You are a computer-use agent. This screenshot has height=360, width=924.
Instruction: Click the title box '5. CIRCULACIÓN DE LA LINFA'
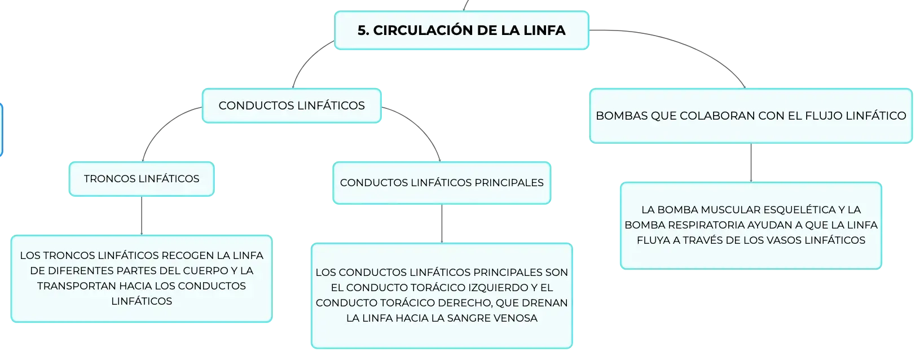click(x=461, y=30)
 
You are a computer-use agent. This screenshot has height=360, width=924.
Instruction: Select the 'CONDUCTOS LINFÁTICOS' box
click(x=292, y=106)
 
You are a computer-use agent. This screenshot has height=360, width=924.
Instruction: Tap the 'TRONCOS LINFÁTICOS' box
click(x=142, y=179)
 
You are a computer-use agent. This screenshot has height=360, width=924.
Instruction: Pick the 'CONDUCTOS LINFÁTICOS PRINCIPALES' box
click(x=442, y=183)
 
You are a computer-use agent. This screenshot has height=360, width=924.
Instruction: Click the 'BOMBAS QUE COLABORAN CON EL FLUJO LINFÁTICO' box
click(x=751, y=116)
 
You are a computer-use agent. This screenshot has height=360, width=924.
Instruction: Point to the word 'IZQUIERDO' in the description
click(x=481, y=288)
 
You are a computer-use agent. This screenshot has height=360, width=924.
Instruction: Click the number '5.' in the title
click(x=363, y=30)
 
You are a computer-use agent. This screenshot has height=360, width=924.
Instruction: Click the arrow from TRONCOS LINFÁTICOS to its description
click(x=142, y=216)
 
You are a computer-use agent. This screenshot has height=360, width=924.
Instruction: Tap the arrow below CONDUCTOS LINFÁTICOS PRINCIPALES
click(x=442, y=223)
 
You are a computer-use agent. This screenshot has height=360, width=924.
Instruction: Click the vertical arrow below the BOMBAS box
click(x=751, y=163)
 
